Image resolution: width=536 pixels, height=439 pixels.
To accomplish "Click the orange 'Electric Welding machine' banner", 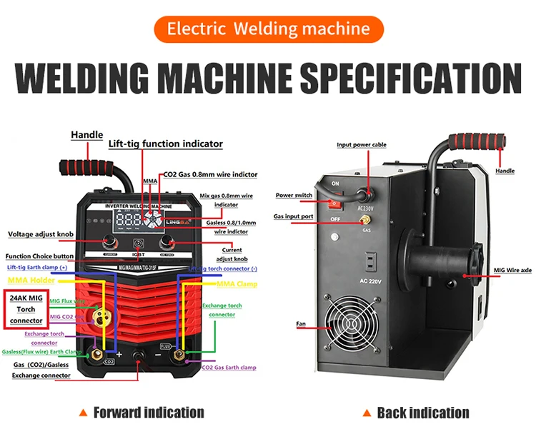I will pos(268,29).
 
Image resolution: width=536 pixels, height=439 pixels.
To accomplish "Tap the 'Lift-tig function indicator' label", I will pos(165,143).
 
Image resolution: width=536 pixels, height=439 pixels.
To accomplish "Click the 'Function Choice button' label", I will pos(39,256).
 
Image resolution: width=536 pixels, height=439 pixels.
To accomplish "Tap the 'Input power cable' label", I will pos(361,145).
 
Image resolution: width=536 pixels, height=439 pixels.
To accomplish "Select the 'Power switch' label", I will pos(294,196).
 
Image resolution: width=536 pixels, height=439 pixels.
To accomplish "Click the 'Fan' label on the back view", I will pos(301,324).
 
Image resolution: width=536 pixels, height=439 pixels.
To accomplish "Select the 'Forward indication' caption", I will pos(149,412).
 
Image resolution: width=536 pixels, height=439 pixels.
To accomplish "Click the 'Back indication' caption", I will pos(422,412).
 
